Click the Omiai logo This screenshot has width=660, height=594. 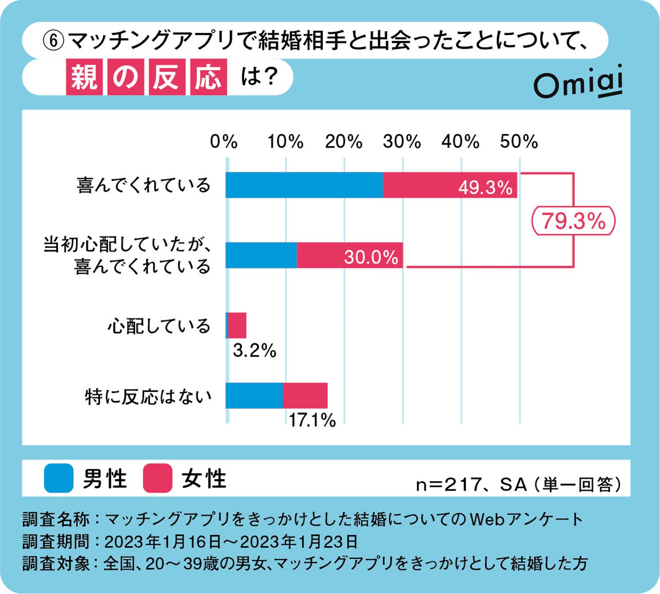[578, 82]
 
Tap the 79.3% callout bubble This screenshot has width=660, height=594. [573, 221]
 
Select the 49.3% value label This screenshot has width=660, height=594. [485, 187]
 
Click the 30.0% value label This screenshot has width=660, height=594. [371, 257]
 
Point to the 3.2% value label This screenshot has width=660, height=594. [254, 351]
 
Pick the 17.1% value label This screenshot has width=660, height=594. [312, 421]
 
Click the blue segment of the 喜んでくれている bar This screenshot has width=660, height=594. [304, 185]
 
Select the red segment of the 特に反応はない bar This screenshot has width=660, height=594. [305, 396]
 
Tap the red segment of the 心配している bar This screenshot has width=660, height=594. [237, 326]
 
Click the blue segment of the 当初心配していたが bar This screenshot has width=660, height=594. [261, 255]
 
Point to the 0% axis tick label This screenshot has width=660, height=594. [224, 142]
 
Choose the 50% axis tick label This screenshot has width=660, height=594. [519, 142]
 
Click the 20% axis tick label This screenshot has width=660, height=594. [344, 142]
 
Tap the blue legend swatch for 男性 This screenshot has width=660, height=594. [59, 478]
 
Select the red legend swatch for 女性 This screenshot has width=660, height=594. [158, 478]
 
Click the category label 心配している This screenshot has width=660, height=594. [159, 326]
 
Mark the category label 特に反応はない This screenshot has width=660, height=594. [148, 396]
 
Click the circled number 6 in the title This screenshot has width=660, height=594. [53, 41]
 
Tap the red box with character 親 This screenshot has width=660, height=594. [84, 77]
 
